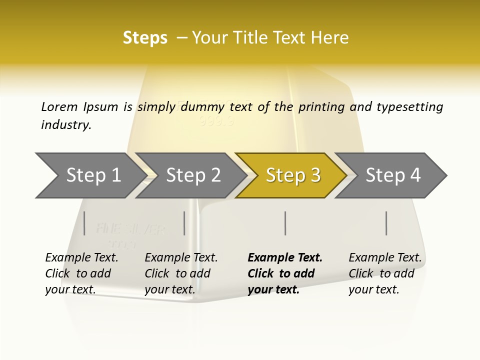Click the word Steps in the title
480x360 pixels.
145,37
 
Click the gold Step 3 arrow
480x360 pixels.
292,175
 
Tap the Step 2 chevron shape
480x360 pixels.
193,175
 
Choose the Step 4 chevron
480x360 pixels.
393,175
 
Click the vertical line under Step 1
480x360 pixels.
84,223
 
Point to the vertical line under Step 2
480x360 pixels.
184,223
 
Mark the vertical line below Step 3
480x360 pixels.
285,223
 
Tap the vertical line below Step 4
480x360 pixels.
386,223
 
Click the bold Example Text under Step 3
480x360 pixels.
285,258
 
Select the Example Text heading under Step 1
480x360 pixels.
81,258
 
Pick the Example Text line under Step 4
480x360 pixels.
385,258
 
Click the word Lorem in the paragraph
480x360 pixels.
59,106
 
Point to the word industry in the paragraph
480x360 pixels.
66,124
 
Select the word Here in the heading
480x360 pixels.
330,37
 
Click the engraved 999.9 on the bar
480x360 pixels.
216,121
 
